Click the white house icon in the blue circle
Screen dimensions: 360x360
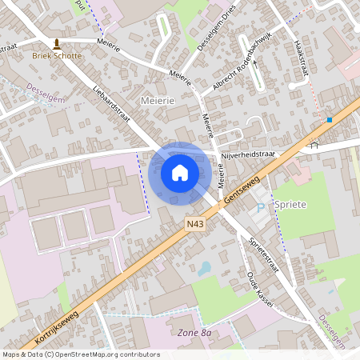tap(179, 172)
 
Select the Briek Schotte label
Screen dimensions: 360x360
tap(56, 56)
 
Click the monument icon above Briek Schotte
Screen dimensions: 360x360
tap(56, 42)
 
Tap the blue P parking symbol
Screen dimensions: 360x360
tap(259, 209)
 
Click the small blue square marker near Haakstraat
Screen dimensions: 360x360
tap(329, 120)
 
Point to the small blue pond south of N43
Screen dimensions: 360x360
tap(206, 268)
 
